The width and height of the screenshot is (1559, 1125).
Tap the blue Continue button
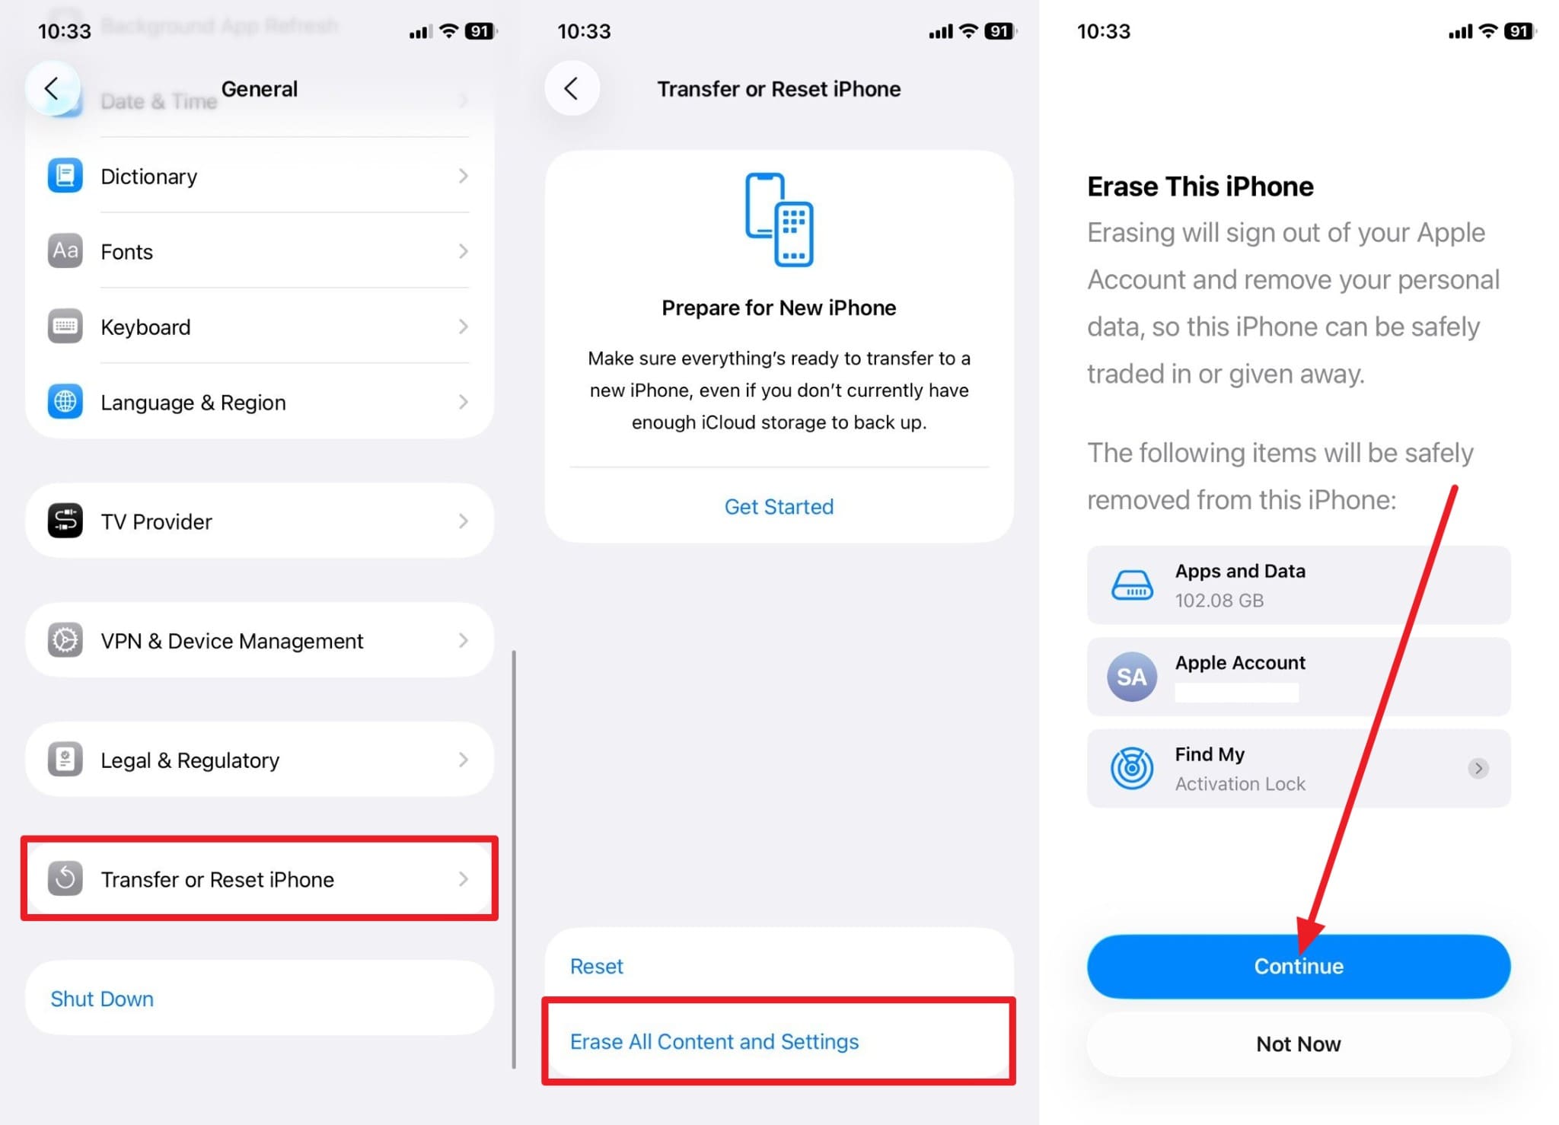(1298, 966)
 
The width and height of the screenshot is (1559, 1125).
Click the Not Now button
(1298, 1044)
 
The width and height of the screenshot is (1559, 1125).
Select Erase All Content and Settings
(714, 1041)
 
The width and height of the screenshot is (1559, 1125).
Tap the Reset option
(596, 966)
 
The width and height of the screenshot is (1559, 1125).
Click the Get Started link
(779, 507)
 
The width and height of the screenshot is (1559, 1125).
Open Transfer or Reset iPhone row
(260, 879)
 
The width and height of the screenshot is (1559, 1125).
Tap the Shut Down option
(102, 999)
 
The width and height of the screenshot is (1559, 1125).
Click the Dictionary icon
(65, 176)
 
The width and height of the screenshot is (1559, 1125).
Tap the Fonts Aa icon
(65, 251)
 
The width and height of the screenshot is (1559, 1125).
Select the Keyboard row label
(145, 327)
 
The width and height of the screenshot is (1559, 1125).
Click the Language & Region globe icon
(65, 402)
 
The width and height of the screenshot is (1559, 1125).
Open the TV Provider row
(260, 521)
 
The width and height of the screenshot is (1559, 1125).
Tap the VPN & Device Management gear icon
(65, 640)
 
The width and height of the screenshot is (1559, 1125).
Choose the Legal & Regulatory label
(190, 760)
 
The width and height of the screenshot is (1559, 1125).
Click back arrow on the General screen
(52, 88)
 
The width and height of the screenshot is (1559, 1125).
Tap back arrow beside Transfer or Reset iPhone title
(572, 88)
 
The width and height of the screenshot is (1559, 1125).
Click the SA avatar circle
(1131, 677)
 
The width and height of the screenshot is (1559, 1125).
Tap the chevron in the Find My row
(1478, 768)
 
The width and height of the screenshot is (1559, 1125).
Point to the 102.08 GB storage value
(1219, 601)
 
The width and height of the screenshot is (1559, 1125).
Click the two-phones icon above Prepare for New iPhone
(779, 220)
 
